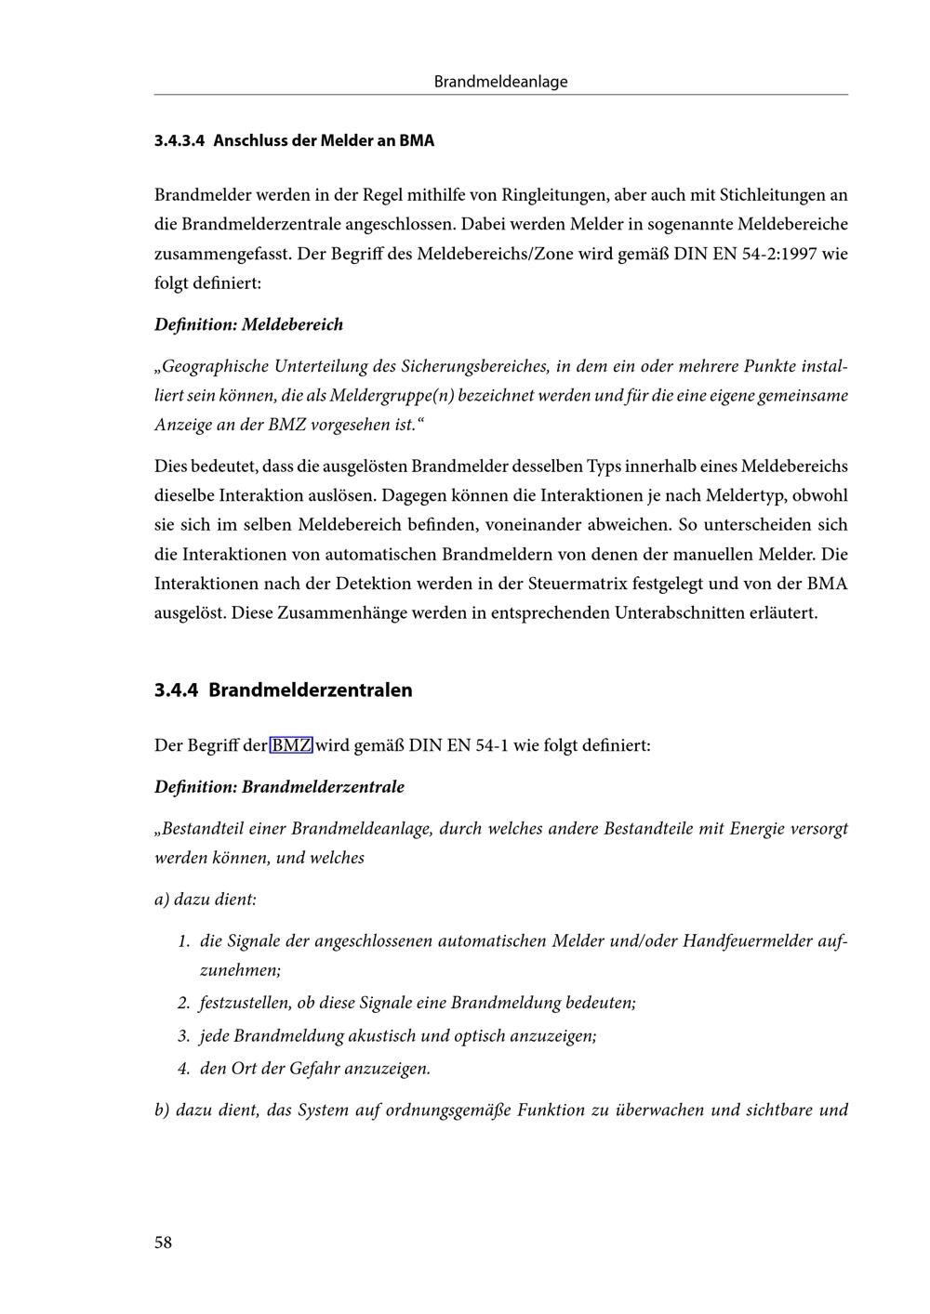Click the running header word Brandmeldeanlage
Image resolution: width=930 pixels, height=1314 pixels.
(x=500, y=82)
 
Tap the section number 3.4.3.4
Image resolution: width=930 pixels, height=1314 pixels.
(x=179, y=141)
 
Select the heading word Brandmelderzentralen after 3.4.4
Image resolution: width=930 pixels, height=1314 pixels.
(x=310, y=690)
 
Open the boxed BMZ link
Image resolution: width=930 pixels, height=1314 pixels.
(x=291, y=745)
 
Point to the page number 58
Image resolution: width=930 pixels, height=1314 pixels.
(x=163, y=1242)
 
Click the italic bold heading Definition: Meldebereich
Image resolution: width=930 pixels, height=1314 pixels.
(x=248, y=324)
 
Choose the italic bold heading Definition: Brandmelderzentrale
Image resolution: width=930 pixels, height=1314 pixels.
(x=279, y=787)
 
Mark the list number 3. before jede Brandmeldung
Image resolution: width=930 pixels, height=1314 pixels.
(x=183, y=1036)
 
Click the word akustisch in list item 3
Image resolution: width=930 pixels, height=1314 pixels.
(x=386, y=1036)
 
